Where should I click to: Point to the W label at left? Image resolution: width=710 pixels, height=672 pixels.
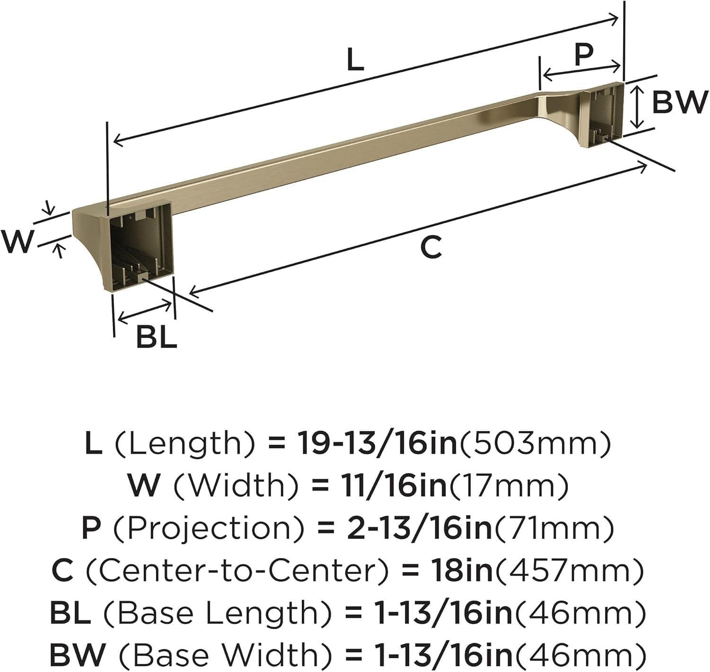click(x=18, y=242)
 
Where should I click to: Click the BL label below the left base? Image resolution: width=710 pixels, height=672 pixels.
click(x=156, y=338)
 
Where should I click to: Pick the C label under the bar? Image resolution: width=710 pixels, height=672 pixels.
click(x=431, y=247)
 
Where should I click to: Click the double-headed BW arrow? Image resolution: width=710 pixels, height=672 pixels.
click(x=638, y=107)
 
